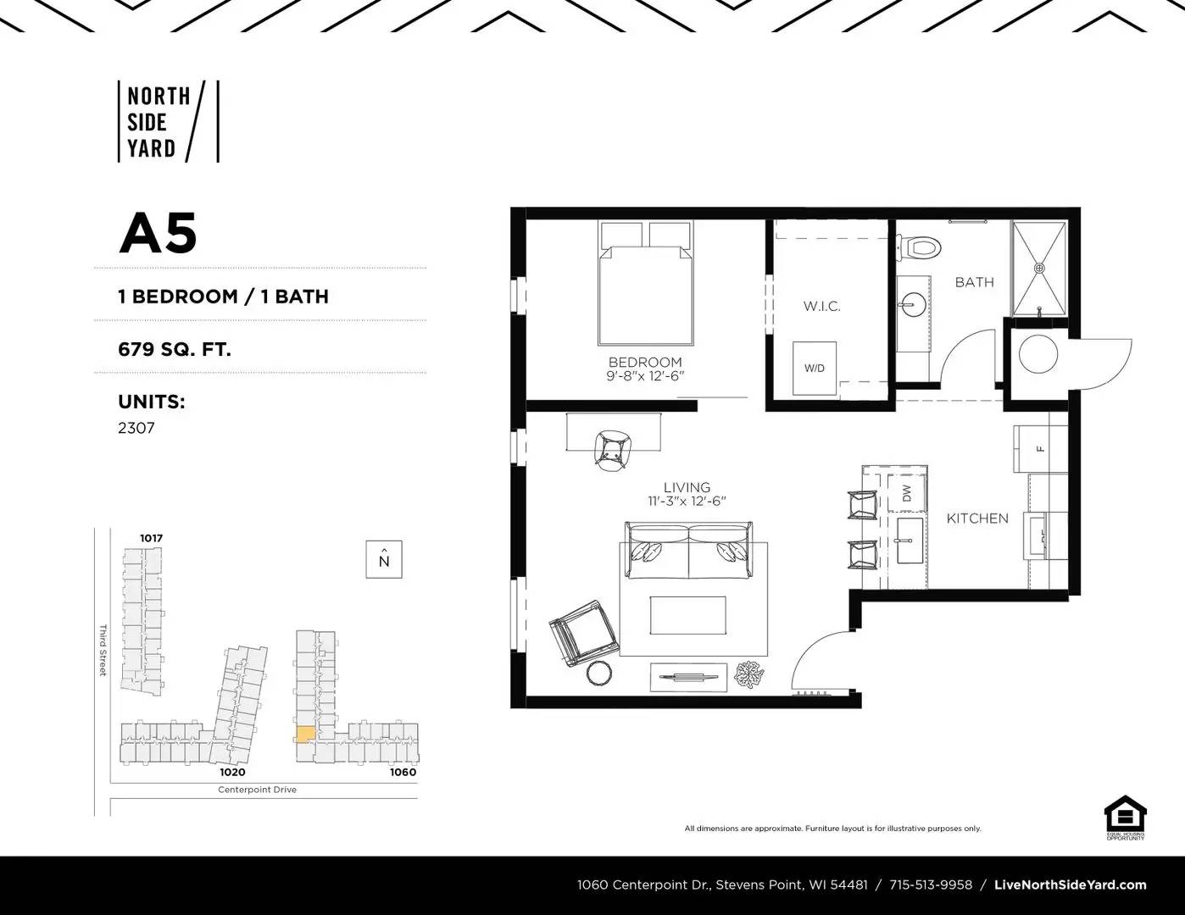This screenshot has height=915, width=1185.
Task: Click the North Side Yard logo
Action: (167, 121)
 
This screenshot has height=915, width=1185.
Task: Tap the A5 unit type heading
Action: (158, 233)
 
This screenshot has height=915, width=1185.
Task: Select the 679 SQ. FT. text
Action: (175, 348)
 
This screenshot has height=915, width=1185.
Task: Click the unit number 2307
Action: (136, 428)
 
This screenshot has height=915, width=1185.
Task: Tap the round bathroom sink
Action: (914, 302)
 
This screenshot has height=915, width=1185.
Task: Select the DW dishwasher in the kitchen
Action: (905, 493)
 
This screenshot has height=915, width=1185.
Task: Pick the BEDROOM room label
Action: (645, 362)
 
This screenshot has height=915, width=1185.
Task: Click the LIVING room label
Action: (687, 487)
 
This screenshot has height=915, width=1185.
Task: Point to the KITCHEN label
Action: (977, 518)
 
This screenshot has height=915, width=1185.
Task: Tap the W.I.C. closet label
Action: (821, 306)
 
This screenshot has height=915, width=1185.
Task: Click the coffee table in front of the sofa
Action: (687, 615)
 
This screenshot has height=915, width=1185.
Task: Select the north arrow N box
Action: (384, 559)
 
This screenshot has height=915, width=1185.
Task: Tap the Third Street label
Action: (103, 650)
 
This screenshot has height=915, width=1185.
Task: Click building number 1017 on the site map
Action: (152, 538)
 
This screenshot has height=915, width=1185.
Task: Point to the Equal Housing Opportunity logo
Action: (1125, 818)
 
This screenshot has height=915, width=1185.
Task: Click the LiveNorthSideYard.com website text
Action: (1070, 885)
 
